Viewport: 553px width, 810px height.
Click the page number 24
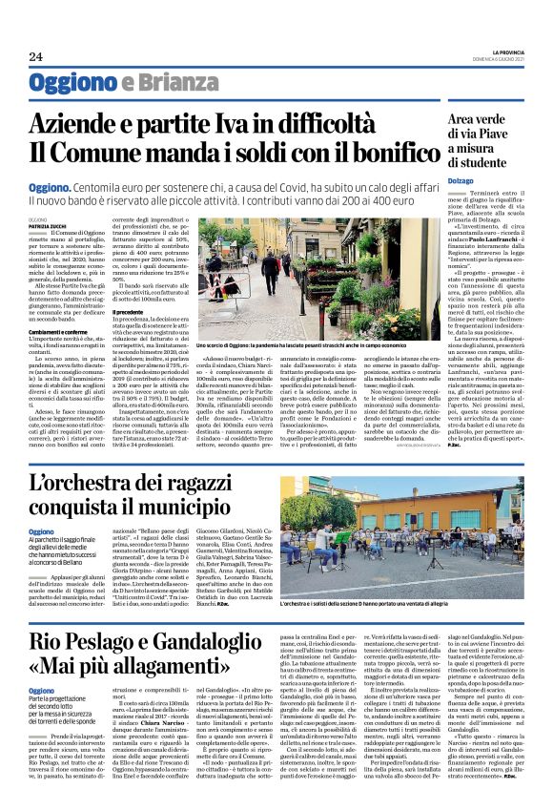[x=36, y=57]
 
